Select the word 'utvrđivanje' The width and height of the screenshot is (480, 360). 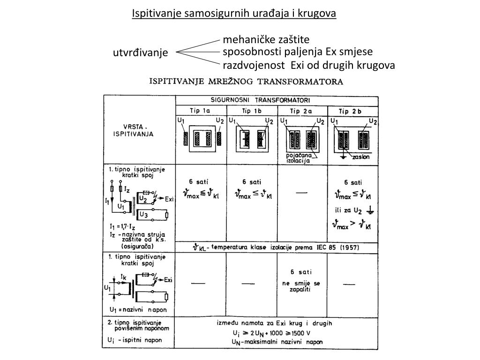pos(140,53)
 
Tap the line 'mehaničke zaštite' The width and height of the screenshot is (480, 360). pos(266,40)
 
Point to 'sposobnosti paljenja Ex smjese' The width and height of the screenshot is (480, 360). pos(298,52)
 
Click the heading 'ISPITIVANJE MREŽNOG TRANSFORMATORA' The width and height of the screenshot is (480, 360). pos(246,82)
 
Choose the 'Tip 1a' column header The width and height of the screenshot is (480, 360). pos(201,111)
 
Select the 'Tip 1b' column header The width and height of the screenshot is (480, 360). pos(252,111)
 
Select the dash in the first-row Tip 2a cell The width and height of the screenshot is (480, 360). pos(302,192)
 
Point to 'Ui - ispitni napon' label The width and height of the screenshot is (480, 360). pos(135,339)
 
